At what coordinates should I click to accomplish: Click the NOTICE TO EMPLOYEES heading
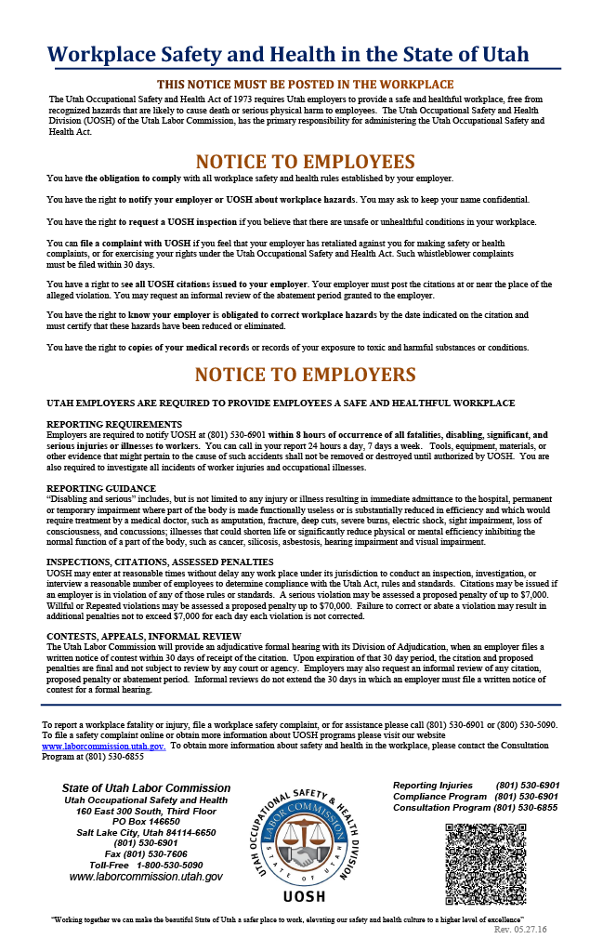pos(305,161)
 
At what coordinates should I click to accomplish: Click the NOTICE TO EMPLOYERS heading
pos(305,375)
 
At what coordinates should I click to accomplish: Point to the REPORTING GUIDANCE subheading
pos(101,488)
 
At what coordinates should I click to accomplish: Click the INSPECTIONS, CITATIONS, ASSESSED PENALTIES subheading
pos(160,562)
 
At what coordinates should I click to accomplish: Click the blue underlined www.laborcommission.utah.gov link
pos(103,747)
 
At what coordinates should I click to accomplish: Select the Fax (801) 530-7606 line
pos(146,853)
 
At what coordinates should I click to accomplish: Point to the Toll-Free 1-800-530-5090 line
pos(146,865)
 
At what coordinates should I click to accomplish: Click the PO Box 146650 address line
pos(146,822)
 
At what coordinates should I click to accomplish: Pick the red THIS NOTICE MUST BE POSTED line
pos(305,85)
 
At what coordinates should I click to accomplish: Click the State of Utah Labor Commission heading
pos(146,788)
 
